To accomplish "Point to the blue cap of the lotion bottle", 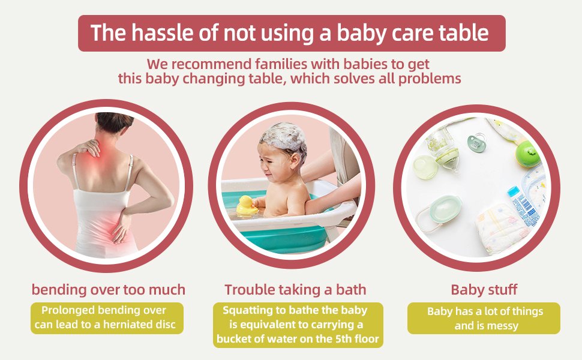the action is (513, 192).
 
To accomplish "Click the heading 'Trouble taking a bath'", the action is (295, 290).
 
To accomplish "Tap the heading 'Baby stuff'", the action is (484, 290).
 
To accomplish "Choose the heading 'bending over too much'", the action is (109, 290).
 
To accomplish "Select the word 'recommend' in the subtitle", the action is (211, 64).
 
